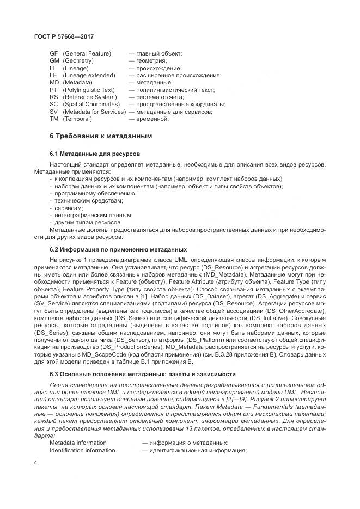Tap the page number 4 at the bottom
35,463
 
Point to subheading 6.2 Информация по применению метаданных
118,249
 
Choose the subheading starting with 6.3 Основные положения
143,374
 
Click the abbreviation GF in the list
53,53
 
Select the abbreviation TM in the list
53,118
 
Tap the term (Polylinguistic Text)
89,89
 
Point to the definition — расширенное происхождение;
175,75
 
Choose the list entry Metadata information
78,443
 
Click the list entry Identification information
82,450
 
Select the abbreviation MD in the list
53,82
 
